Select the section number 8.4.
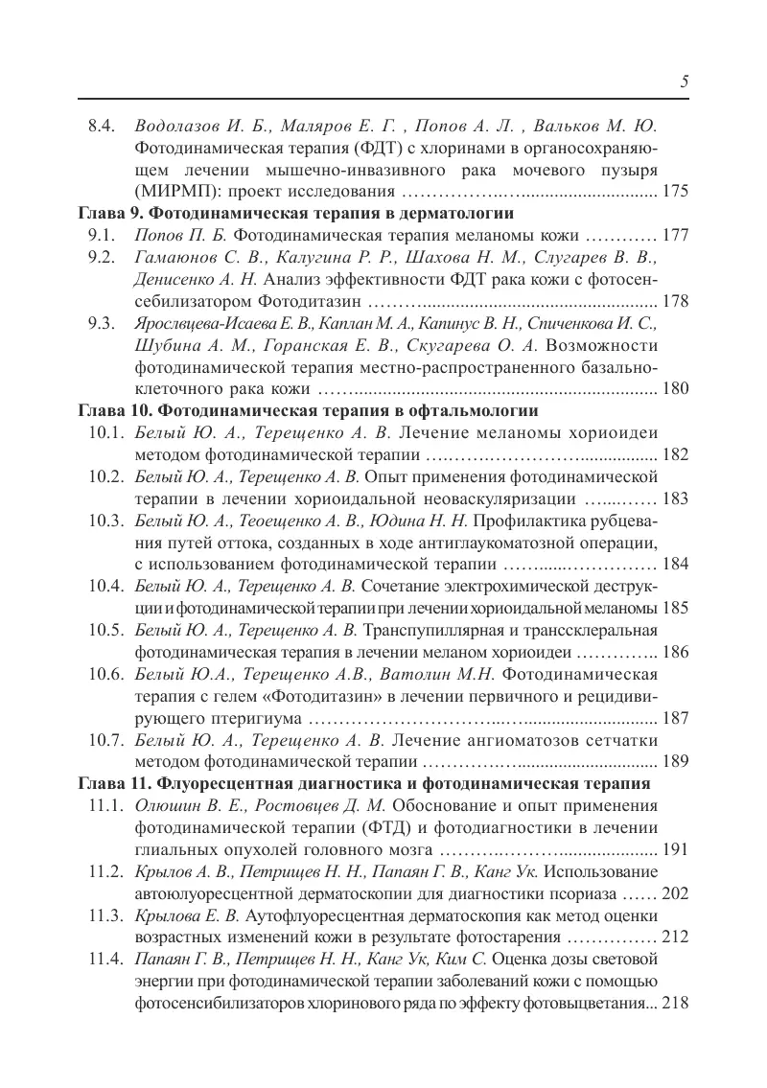[101, 127]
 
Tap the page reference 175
[675, 191]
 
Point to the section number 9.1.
[101, 235]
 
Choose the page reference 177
[675, 235]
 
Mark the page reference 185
[675, 609]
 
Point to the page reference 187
[675, 718]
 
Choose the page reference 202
[675, 894]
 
